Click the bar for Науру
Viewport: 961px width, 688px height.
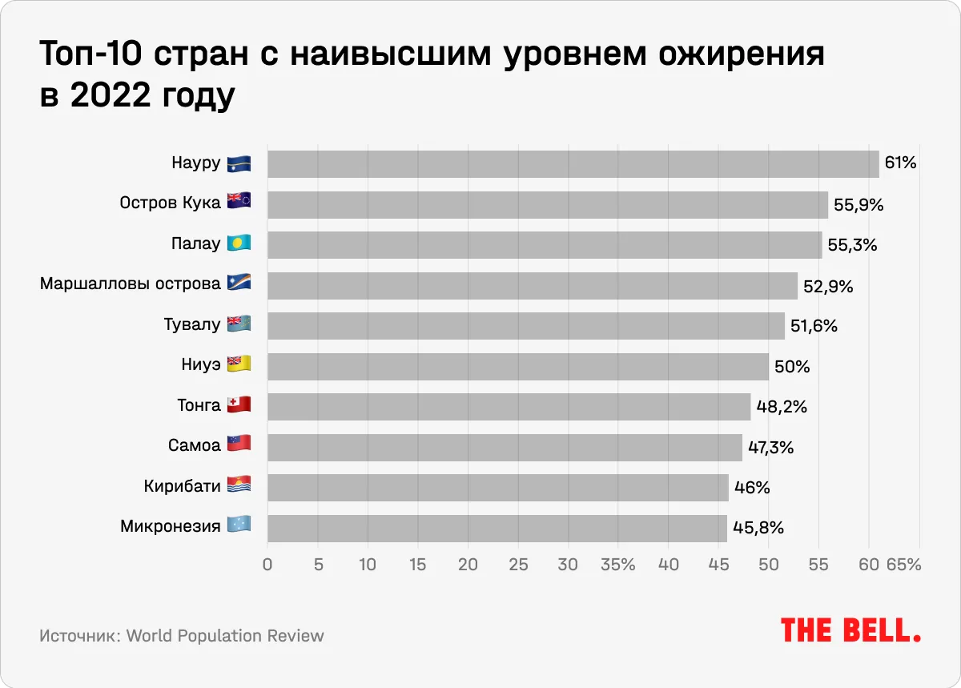[x=573, y=164]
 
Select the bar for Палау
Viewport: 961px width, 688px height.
[x=545, y=245]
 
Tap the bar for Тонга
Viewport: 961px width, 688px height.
[x=509, y=407]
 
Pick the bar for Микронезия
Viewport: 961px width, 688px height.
[x=497, y=528]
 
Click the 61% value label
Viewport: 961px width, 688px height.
[x=900, y=164]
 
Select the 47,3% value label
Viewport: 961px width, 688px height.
[x=770, y=448]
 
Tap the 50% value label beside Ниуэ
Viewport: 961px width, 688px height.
[x=792, y=367]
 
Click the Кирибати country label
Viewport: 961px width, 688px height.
[x=182, y=487]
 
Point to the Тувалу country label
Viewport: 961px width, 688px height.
[x=191, y=325]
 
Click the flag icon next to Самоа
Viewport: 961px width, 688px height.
[x=239, y=445]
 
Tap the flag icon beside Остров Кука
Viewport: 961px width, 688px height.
[x=239, y=202]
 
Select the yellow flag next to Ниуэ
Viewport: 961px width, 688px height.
[x=239, y=364]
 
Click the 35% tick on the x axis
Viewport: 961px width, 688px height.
[x=617, y=565]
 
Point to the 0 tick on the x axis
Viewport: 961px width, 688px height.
[x=267, y=565]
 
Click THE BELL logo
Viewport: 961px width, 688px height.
[x=850, y=630]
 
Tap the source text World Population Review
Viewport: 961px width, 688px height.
[x=225, y=636]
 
